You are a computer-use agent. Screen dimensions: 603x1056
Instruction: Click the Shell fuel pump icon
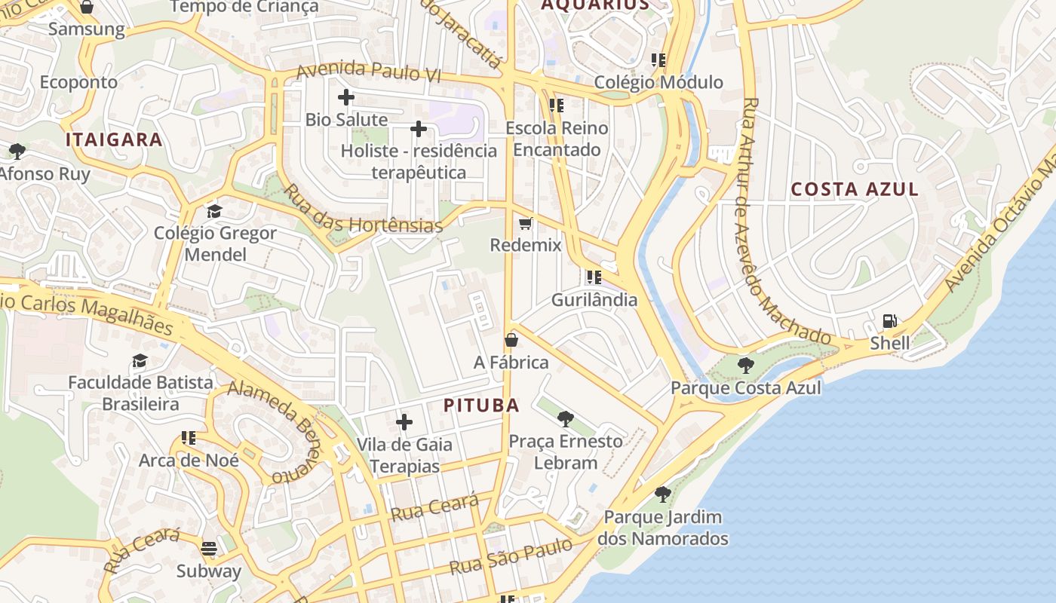click(890, 321)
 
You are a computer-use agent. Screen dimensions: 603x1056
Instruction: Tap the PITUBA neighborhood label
click(481, 406)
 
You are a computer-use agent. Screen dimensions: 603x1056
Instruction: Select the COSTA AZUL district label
click(855, 189)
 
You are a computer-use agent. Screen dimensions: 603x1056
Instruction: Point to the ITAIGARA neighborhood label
click(114, 139)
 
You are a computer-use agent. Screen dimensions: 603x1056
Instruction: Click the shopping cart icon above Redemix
click(526, 223)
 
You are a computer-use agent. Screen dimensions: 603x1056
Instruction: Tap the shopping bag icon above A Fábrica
click(511, 340)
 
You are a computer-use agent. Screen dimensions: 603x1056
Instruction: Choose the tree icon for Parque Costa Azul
click(745, 366)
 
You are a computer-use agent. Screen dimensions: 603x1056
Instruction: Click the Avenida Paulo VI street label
click(368, 72)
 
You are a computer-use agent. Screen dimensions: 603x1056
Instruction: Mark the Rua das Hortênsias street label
click(362, 208)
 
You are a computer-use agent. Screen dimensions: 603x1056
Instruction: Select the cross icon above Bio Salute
click(346, 97)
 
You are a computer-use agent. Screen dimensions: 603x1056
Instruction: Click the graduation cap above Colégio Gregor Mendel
click(215, 210)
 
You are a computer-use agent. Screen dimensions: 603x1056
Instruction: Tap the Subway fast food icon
click(209, 549)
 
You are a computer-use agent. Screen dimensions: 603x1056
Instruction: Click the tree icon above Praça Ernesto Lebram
click(565, 419)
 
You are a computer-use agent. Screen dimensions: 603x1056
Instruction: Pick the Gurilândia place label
click(594, 300)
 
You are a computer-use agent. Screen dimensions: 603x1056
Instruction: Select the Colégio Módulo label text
click(658, 82)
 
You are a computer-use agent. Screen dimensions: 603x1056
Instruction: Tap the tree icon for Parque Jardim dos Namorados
click(662, 494)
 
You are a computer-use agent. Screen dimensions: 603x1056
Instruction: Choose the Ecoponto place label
click(78, 82)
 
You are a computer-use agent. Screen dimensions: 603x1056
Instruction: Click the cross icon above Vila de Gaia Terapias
click(404, 422)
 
